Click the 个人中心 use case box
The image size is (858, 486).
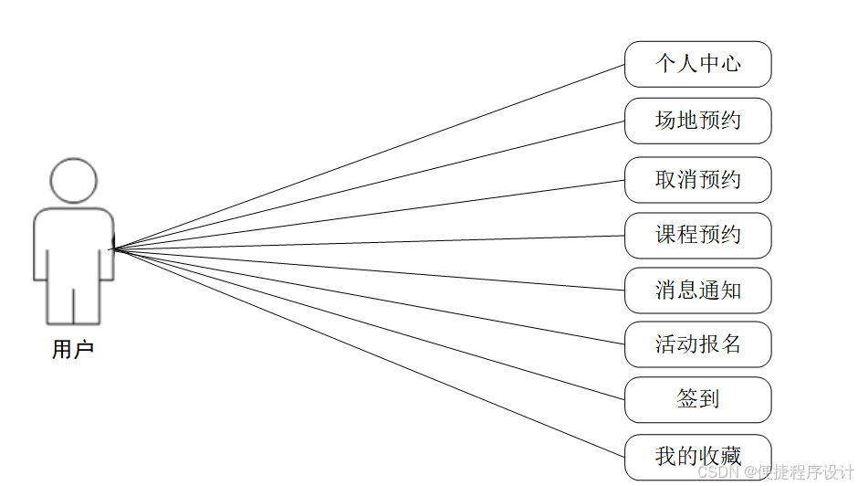(697, 64)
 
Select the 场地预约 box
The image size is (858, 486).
(697, 121)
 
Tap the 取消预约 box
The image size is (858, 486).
(697, 180)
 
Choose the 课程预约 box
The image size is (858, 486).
(697, 236)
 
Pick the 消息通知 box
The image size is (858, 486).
(697, 291)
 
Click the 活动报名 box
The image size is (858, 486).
(697, 344)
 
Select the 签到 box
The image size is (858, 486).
(697, 399)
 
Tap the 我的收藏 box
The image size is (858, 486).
(697, 457)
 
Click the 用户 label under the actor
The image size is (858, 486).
(73, 350)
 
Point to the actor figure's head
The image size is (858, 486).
(73, 181)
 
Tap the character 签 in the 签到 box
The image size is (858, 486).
(687, 399)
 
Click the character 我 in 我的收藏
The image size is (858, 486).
(665, 457)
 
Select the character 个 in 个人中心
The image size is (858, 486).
(665, 64)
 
